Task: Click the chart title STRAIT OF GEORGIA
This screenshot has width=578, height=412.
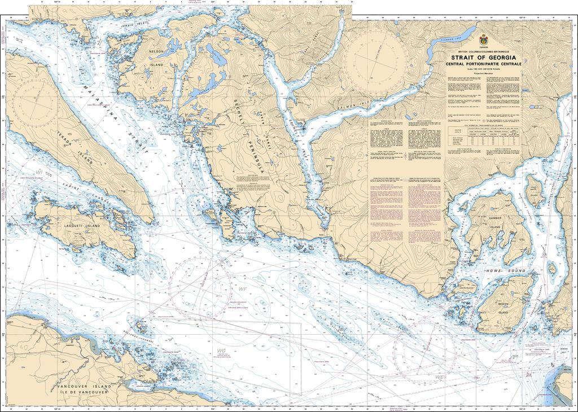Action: point(482,56)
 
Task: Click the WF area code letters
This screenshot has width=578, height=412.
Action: point(244,288)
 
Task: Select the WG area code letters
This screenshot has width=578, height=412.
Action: point(221,351)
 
